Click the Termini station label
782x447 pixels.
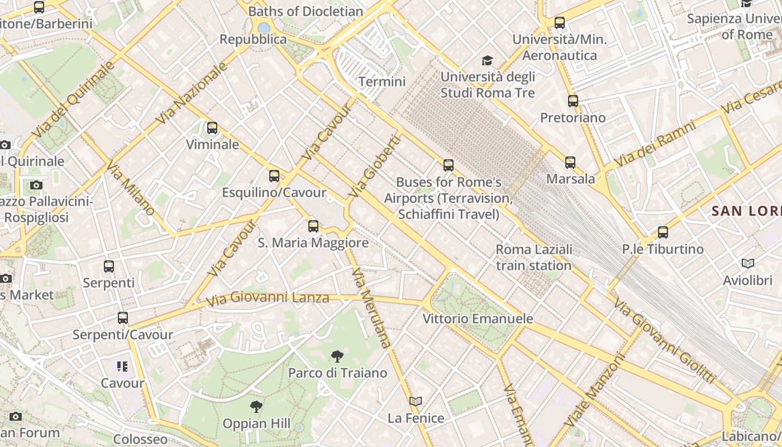[382, 82]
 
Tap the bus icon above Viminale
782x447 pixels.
[212, 128]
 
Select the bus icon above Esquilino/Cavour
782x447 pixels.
[274, 176]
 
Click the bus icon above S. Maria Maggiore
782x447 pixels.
[313, 226]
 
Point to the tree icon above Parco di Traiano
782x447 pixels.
[337, 356]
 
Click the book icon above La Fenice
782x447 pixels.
[416, 401]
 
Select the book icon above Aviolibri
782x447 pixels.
[747, 263]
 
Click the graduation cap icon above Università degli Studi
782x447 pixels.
[488, 60]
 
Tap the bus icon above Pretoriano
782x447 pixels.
[573, 101]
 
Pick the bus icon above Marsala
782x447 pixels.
[570, 163]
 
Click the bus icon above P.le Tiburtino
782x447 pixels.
[662, 232]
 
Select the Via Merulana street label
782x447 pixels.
[370, 308]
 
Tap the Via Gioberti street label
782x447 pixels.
[374, 167]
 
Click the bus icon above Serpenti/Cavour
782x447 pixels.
[123, 318]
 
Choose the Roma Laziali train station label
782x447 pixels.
[533, 257]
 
